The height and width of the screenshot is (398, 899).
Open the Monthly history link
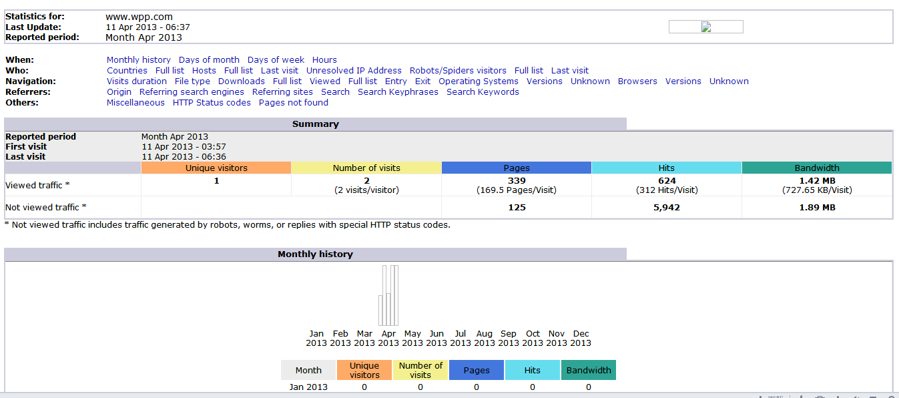[138, 60]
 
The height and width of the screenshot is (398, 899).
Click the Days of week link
[276, 60]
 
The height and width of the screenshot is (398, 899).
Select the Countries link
[127, 71]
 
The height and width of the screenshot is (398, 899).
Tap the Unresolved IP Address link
[354, 71]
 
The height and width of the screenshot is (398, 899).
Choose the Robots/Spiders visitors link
[458, 71]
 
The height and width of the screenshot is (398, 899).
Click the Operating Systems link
[479, 81]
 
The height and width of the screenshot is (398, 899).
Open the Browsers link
[637, 81]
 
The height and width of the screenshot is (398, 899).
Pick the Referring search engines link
[192, 92]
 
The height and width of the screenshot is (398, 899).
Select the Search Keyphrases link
[398, 92]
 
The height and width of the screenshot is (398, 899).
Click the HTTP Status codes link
[212, 103]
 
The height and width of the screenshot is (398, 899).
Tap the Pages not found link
[294, 103]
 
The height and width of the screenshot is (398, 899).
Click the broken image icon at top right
[706, 27]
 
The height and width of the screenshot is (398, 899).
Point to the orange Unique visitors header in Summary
[216, 168]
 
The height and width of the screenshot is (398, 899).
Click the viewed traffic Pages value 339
[517, 181]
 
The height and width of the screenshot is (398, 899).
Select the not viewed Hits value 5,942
[667, 208]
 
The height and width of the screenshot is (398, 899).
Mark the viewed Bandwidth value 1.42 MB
[817, 181]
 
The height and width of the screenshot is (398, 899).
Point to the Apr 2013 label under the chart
[388, 338]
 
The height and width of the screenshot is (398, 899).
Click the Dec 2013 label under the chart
[581, 338]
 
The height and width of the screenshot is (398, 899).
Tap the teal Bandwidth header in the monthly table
[589, 370]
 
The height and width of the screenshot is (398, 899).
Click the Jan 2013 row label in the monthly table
[308, 387]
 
